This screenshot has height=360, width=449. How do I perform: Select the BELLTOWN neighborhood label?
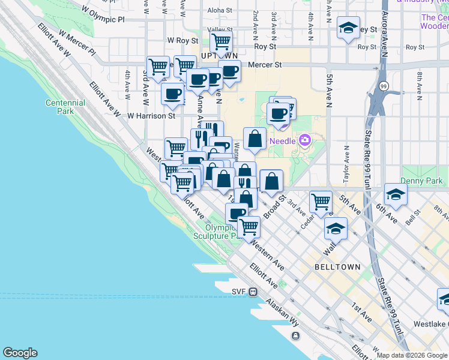point(337,266)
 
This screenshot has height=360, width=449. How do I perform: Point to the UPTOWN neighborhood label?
point(220,56)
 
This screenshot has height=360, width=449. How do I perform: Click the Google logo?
point(20,353)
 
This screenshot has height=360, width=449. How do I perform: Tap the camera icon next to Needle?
point(305,140)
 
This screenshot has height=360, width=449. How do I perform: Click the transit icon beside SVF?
point(254,292)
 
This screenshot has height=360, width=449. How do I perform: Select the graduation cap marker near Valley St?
point(348,28)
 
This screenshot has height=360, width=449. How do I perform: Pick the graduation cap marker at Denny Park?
point(396,194)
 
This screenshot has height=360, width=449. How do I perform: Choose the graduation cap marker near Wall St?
point(336,229)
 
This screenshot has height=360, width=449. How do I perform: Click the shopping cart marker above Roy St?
point(221,42)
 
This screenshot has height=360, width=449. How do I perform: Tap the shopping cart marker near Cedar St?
point(321,202)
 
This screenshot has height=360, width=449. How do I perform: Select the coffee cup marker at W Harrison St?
point(173,94)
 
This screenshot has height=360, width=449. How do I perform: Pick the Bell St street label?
point(413,218)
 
